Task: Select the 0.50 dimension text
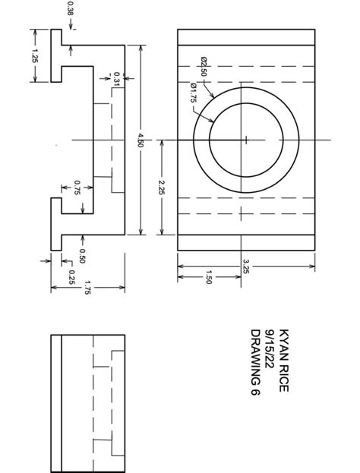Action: click(82, 255)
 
